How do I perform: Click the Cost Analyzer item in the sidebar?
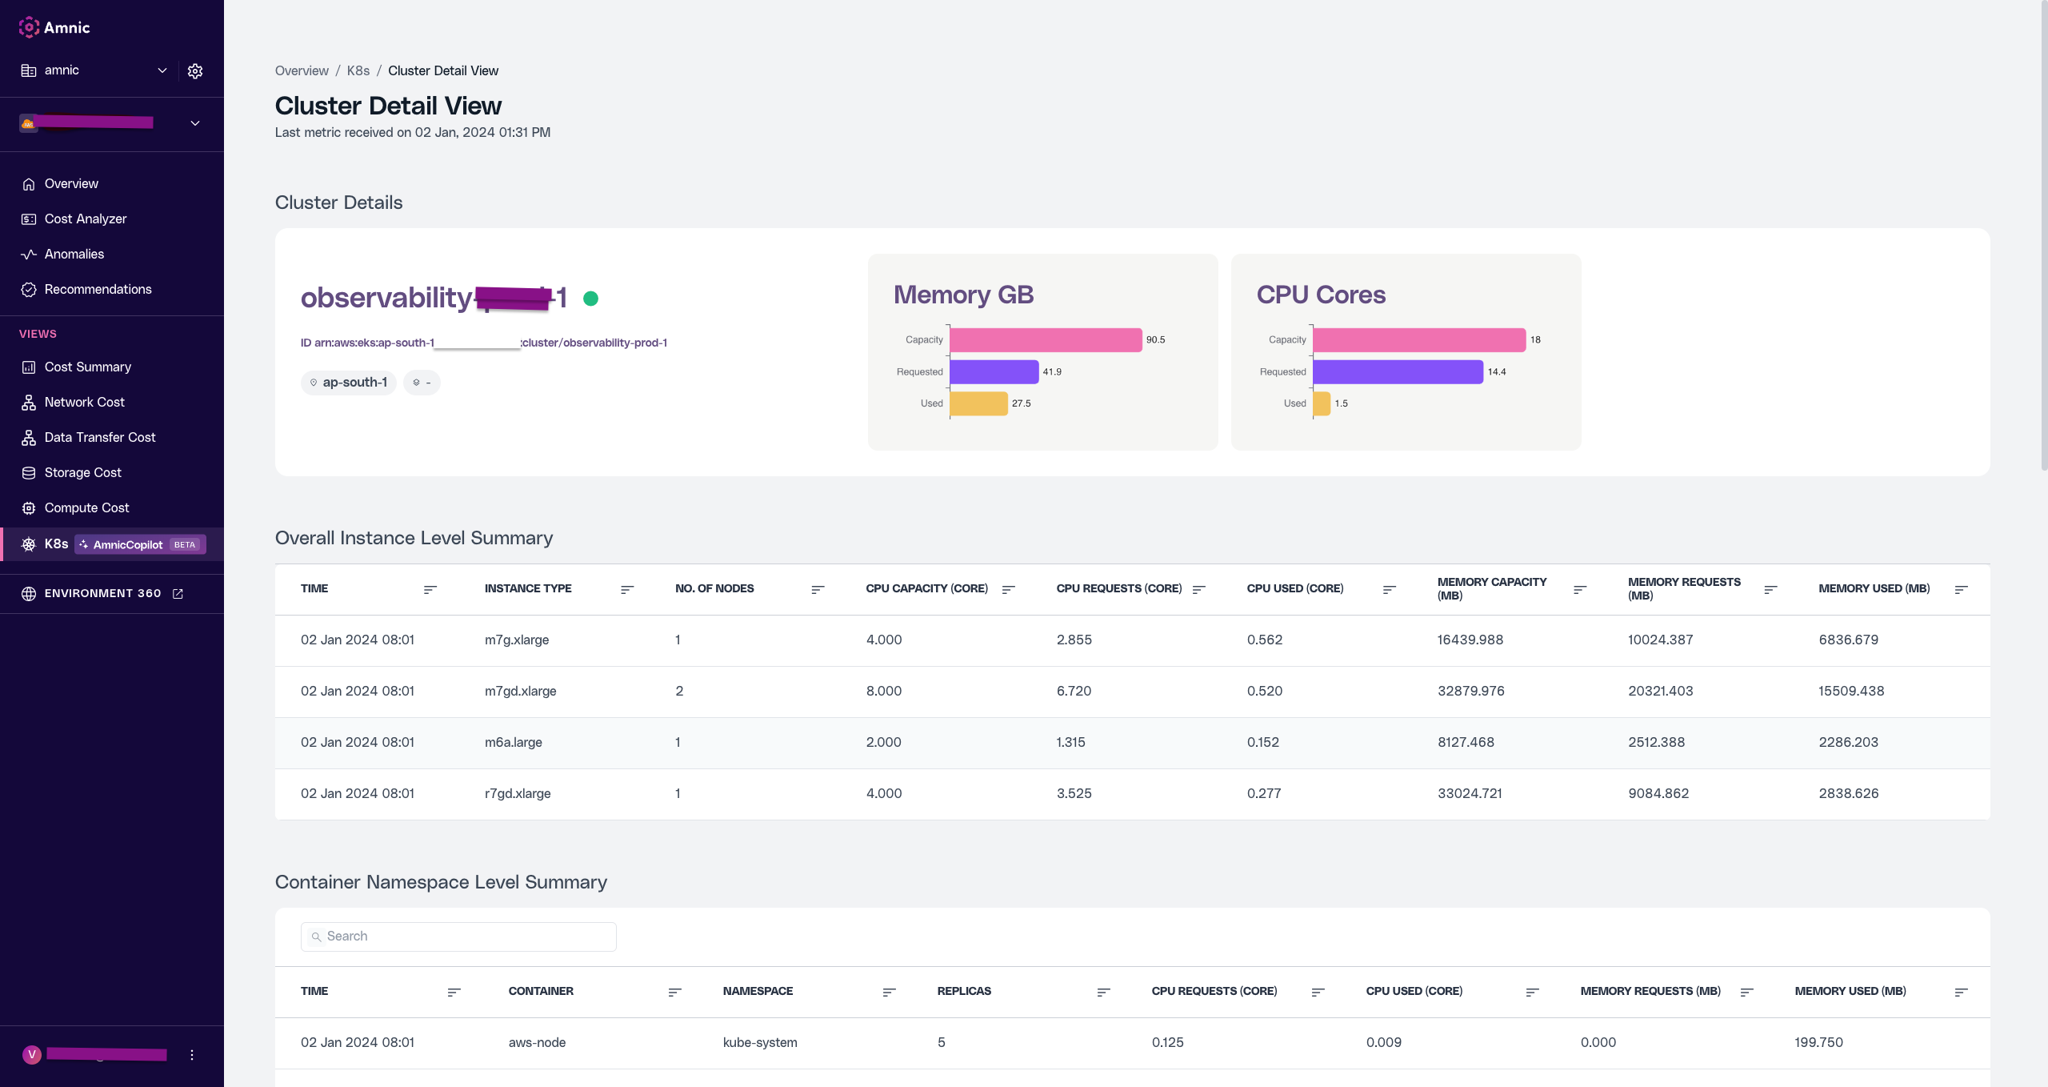85,219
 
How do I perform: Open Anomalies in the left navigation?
74,254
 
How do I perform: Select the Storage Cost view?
82,472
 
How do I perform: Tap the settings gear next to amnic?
195,71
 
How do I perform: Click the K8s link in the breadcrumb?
358,70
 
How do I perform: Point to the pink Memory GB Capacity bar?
1045,339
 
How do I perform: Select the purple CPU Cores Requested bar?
1397,371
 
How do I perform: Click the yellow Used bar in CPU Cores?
1322,403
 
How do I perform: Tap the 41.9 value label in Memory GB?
1052,372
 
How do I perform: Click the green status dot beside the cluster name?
590,299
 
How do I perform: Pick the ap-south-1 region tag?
349,383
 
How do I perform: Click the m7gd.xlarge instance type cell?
520,691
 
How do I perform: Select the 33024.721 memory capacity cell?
1470,793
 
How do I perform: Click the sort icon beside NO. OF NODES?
817,589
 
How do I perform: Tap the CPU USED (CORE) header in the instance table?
1294,588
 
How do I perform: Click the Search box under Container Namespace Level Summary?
458,937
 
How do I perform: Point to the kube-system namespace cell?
759,1042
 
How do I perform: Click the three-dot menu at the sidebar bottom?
192,1055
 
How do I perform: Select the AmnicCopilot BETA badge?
141,544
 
